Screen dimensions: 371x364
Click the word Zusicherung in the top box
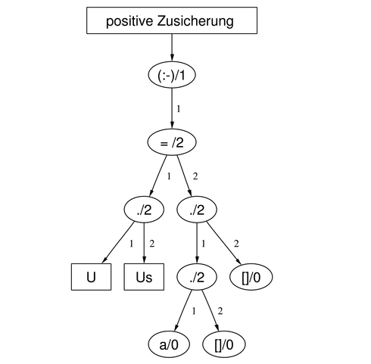point(195,21)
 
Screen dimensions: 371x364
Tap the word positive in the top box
point(129,21)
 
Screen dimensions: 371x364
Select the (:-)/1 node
point(172,75)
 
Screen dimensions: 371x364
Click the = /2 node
point(172,142)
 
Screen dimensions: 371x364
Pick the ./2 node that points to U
point(144,210)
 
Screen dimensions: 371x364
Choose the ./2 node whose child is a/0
point(197,277)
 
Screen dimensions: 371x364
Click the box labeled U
point(91,277)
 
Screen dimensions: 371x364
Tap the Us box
point(144,277)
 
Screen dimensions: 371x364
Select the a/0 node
point(169,344)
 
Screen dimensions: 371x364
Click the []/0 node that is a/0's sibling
point(224,344)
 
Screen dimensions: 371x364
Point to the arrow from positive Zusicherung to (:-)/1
point(172,48)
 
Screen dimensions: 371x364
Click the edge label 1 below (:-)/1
point(179,109)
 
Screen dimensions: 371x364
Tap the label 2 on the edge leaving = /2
point(195,176)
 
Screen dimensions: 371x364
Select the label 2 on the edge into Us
point(151,244)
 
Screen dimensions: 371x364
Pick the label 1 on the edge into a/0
point(194,311)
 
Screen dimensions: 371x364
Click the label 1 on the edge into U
point(131,244)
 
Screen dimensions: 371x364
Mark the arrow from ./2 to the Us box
point(144,243)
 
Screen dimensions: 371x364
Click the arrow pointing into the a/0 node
point(183,311)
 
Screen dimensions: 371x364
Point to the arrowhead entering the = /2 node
point(172,126)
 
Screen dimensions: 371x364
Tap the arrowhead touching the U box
point(104,260)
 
